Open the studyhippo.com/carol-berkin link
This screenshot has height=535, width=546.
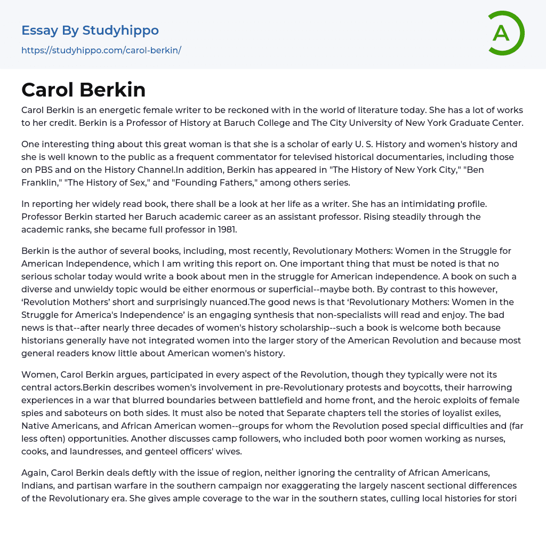[x=101, y=50]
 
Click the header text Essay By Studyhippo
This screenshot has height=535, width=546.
[x=90, y=30]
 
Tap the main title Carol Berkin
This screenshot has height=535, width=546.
[x=84, y=90]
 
